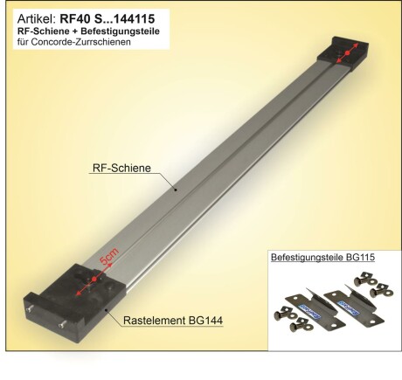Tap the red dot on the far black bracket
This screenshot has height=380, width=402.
[347, 54]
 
